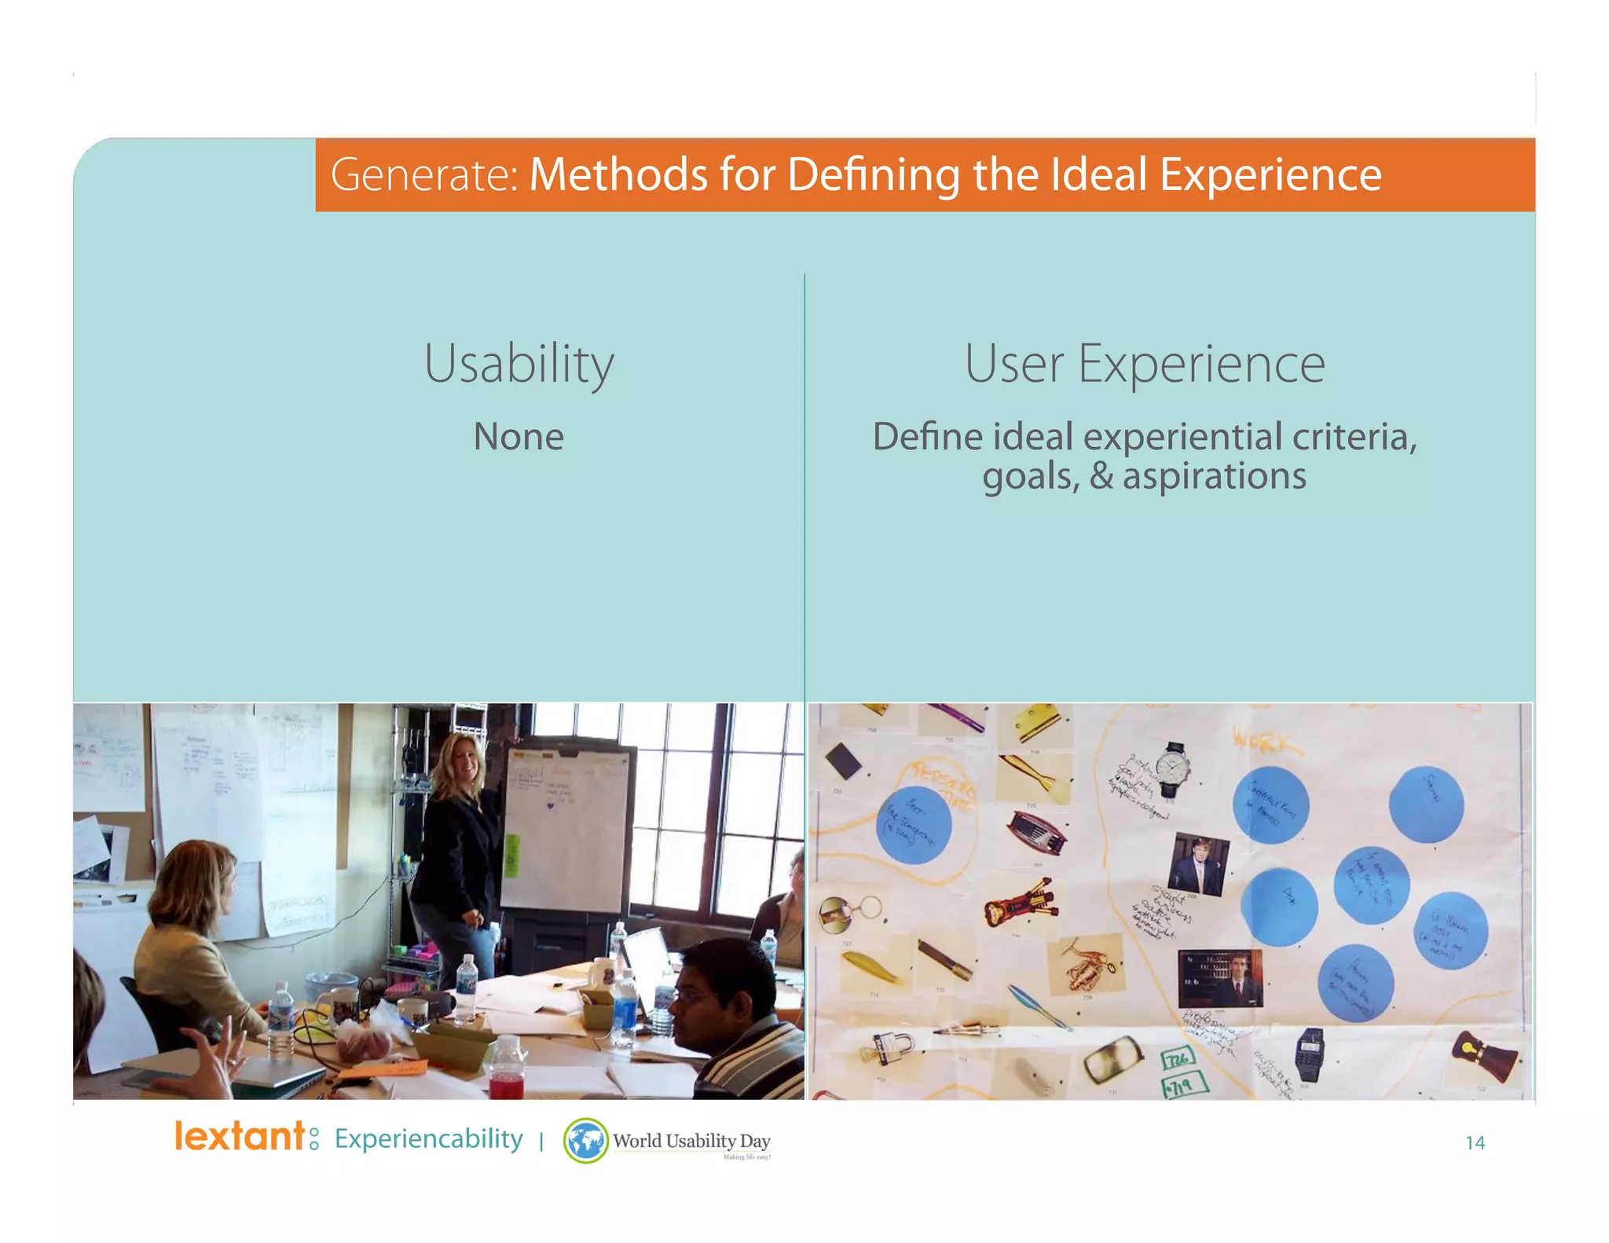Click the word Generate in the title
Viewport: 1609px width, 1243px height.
421,174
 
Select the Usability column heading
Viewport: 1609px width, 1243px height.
519,364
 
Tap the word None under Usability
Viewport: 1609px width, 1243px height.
519,436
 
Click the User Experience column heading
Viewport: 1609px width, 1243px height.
1145,364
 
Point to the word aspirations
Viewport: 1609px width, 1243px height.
1214,476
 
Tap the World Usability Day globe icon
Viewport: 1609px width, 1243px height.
585,1141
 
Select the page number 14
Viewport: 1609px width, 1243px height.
1475,1142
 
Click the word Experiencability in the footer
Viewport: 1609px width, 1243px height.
428,1138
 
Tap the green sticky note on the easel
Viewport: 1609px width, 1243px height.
511,856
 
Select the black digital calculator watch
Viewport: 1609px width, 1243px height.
1308,1053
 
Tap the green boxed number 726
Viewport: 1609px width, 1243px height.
1178,1060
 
